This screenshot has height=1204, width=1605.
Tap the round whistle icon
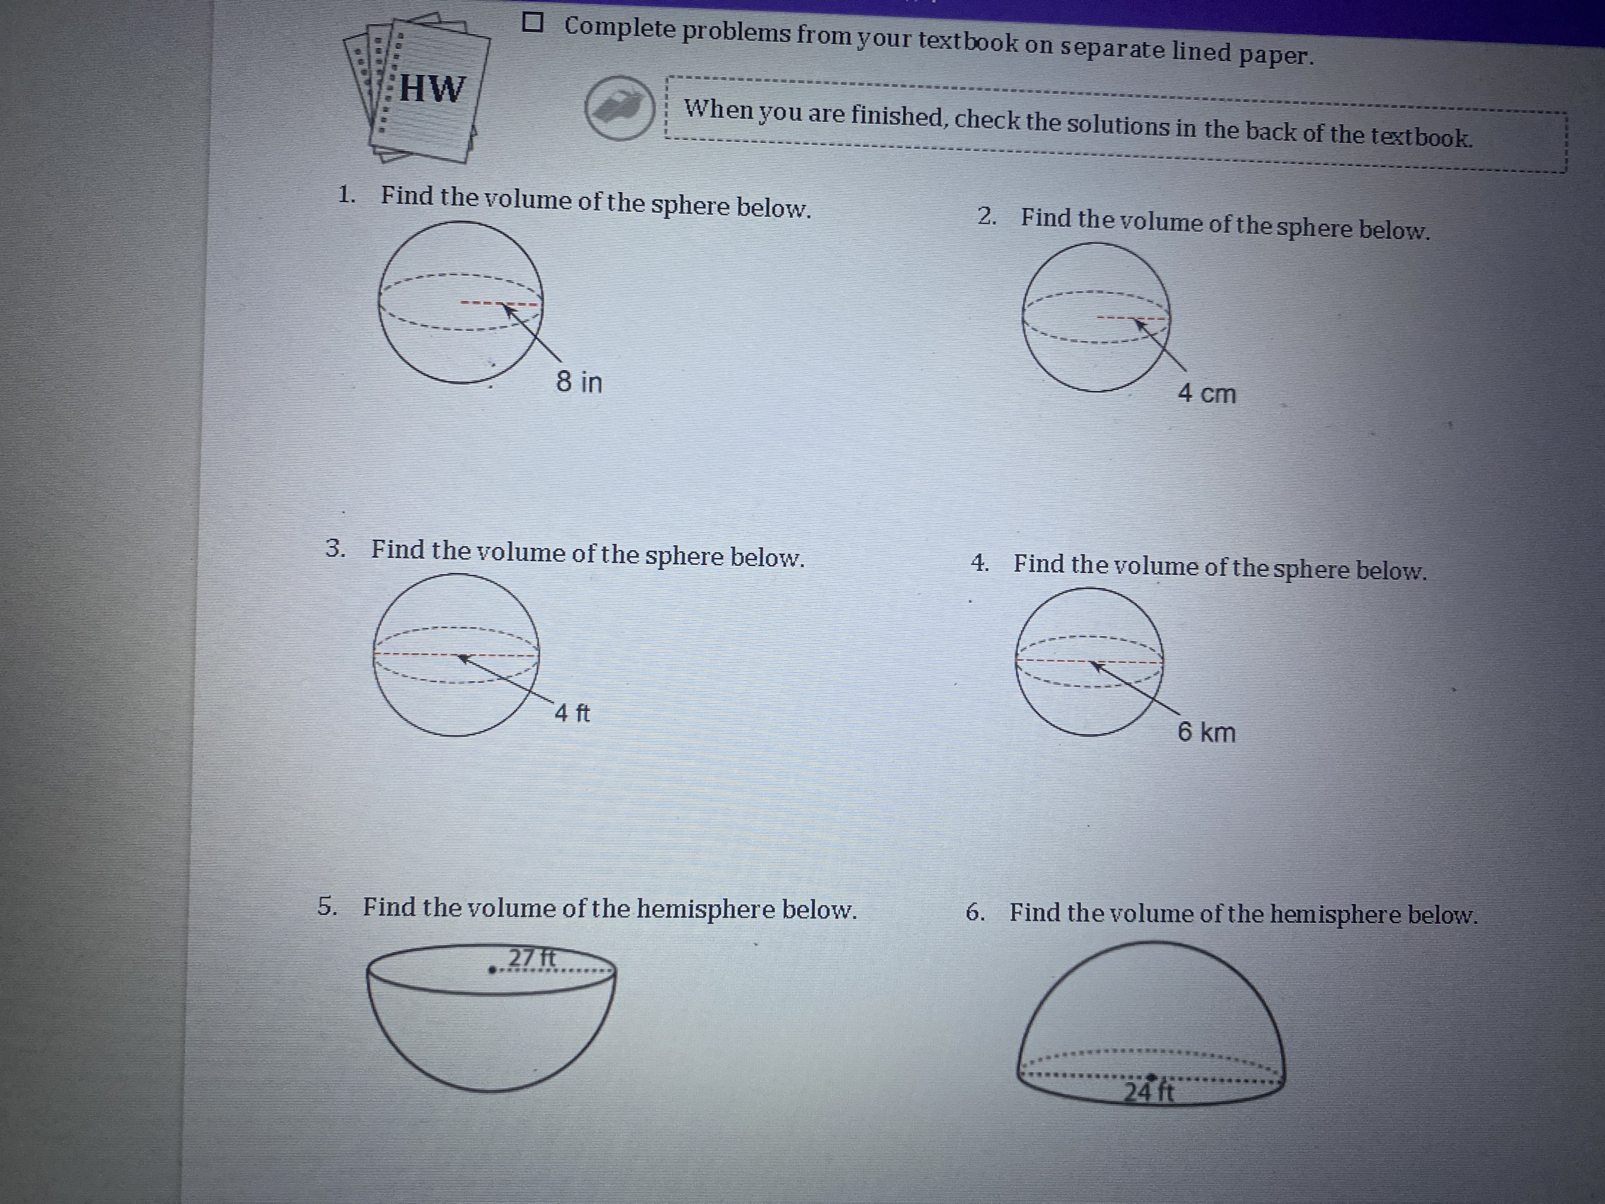620,107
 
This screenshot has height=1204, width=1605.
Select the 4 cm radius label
1207,393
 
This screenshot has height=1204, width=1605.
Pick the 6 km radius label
1206,731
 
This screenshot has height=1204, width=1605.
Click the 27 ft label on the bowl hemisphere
532,958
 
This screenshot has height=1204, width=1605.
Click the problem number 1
346,195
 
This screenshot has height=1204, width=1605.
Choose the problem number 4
980,563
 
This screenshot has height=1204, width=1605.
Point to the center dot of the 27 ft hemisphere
492,969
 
